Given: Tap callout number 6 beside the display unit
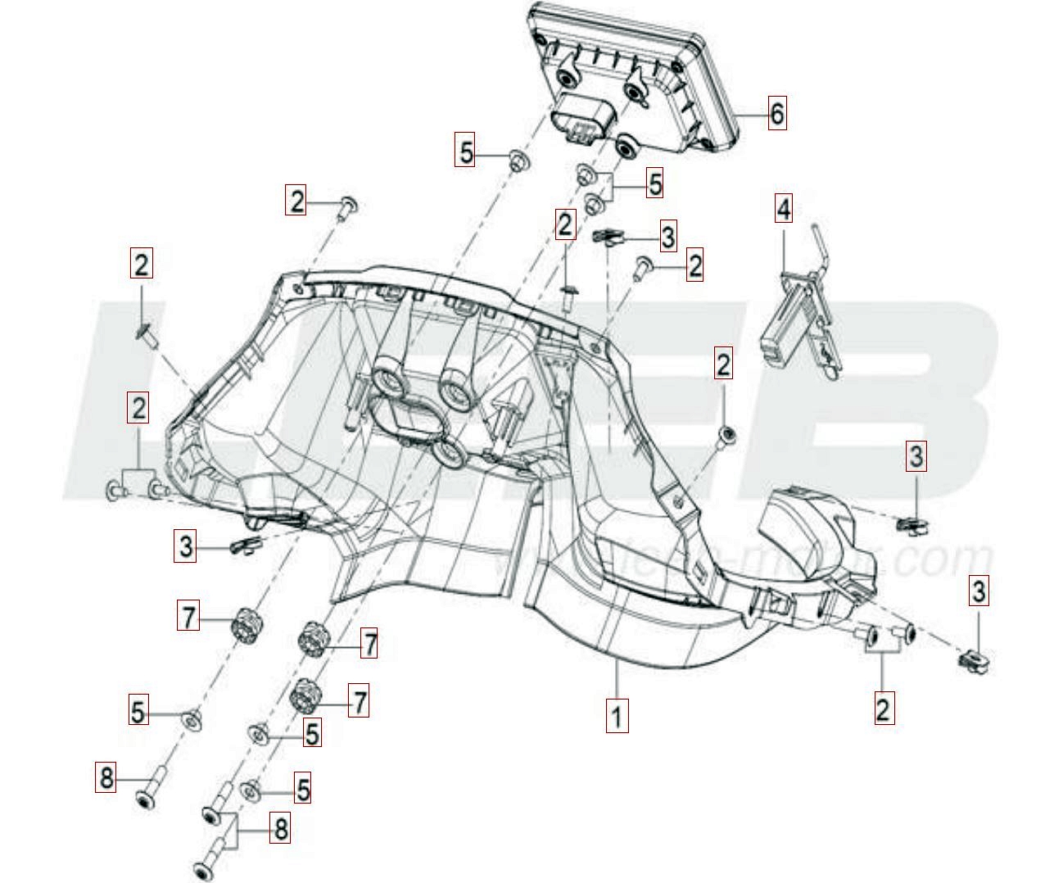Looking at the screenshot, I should tap(776, 113).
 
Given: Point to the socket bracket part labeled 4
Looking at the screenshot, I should tap(798, 319).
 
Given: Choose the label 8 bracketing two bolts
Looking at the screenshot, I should tap(280, 830).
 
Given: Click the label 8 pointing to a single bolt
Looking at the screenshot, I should tap(106, 777).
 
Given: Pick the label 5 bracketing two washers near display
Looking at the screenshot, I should tap(654, 183).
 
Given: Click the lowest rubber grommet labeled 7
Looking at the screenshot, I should tap(305, 697).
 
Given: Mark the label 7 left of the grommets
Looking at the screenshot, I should tap(188, 616).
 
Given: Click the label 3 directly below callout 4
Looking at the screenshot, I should tap(916, 456).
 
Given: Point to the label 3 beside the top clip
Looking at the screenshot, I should tap(668, 237).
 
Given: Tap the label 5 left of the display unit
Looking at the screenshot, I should tap(465, 152).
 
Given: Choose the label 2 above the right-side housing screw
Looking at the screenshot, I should tap(722, 365).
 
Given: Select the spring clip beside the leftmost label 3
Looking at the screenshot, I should tap(243, 545).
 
